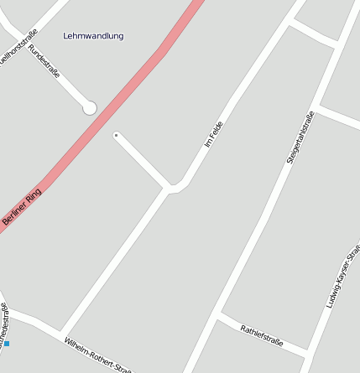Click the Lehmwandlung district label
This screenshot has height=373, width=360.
(x=93, y=36)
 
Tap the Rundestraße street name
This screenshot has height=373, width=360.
(x=44, y=61)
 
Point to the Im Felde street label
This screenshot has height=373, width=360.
(x=214, y=134)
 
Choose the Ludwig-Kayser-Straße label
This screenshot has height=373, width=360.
(x=343, y=277)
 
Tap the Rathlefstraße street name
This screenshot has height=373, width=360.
(x=262, y=335)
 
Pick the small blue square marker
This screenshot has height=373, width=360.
(x=7, y=344)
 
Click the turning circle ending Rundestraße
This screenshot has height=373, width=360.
(x=89, y=107)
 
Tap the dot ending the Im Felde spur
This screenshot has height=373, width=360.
(x=116, y=135)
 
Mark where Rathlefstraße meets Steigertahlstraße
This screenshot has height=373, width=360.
(x=220, y=318)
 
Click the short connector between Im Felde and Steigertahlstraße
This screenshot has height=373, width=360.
(x=314, y=34)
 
